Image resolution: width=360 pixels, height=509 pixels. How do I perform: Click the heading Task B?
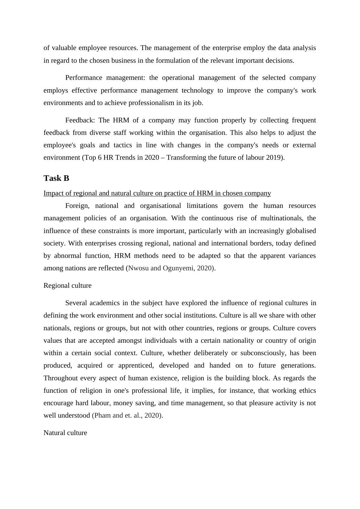pos(56,178)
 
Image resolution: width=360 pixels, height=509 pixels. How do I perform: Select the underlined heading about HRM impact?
pos(157,193)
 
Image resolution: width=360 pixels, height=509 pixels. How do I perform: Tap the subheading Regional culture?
pos(67,286)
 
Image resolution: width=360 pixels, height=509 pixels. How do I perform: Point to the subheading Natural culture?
pos(65,433)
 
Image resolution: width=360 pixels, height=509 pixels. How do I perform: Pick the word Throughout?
pos(61,378)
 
